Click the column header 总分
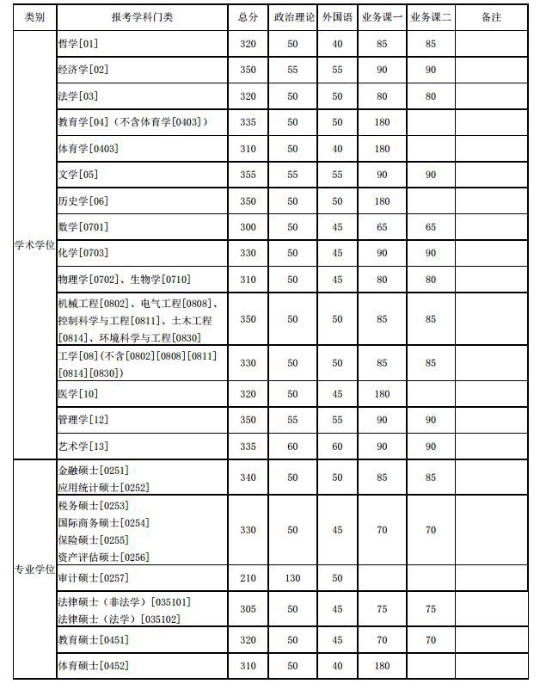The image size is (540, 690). (248, 17)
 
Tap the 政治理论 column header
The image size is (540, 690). (292, 17)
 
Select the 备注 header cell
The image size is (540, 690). (490, 17)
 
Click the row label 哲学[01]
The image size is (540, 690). (77, 44)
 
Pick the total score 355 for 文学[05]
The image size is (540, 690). (248, 175)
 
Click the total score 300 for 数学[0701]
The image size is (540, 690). (248, 227)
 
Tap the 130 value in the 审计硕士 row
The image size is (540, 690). (292, 577)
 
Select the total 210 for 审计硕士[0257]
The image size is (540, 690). (248, 577)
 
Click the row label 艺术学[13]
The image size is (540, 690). (83, 447)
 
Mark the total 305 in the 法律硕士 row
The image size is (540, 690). (248, 609)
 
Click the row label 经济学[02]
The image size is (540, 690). (83, 70)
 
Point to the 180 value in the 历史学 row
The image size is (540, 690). (383, 201)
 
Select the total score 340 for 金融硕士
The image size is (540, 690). (248, 477)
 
